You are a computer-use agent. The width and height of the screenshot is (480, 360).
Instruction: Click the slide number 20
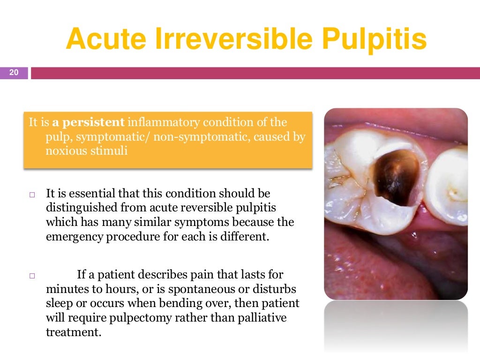[14, 72]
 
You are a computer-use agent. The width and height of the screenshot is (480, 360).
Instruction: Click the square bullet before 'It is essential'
[32, 194]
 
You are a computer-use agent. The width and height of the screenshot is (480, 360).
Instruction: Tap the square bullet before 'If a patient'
[32, 276]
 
